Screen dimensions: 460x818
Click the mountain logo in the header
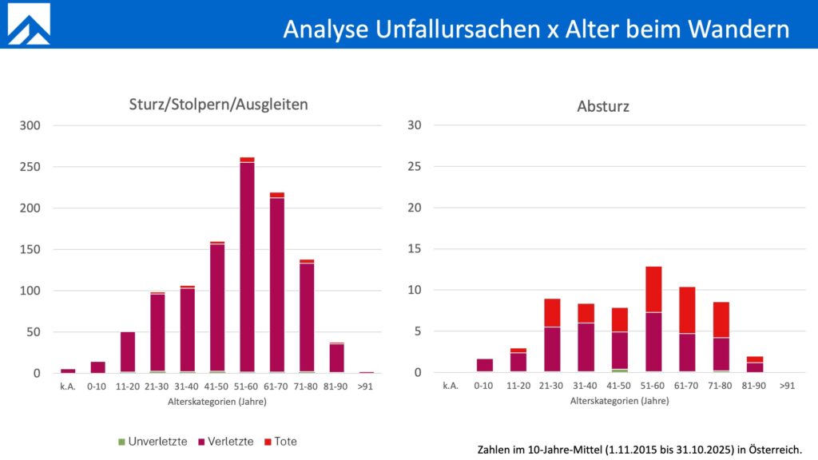[x=29, y=24]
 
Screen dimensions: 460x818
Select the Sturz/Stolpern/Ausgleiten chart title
[x=217, y=104]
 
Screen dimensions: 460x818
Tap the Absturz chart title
[x=602, y=105]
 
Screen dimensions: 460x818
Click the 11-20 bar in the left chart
[x=128, y=352]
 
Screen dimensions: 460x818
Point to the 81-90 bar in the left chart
[x=336, y=358]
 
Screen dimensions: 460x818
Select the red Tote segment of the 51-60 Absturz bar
[x=653, y=288]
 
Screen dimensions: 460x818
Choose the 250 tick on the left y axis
[x=30, y=167]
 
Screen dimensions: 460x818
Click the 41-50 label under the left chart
[x=217, y=386]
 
